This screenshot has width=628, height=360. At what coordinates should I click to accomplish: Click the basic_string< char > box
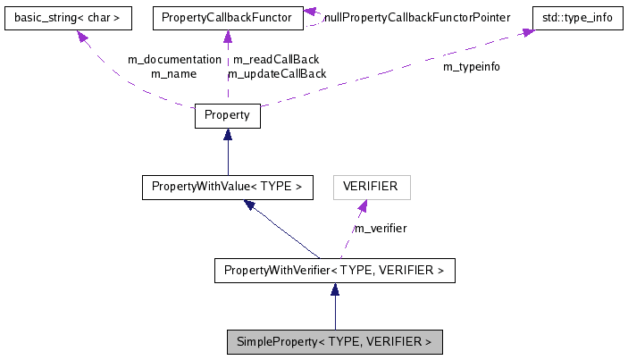(68, 17)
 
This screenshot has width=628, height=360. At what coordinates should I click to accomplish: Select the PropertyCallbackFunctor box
(227, 17)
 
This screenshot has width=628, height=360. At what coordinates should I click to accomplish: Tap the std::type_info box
(576, 17)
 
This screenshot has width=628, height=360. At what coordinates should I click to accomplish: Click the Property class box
(227, 115)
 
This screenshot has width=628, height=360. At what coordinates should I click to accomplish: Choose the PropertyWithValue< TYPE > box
(227, 187)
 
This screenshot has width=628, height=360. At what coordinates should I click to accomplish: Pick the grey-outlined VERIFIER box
(371, 187)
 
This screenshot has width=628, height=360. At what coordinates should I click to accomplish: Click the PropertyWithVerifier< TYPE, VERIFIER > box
(334, 270)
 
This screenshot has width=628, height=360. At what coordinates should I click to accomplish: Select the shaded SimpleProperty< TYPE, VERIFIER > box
(334, 341)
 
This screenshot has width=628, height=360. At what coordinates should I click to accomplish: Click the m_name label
(174, 73)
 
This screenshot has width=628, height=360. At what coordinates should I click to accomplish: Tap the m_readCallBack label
(276, 59)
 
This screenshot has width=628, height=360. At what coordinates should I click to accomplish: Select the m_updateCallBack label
(278, 73)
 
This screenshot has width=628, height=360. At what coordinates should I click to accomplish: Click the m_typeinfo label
(472, 67)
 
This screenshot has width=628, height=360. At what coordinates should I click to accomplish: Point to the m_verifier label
(381, 228)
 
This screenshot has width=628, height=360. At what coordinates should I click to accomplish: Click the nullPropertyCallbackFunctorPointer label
(417, 17)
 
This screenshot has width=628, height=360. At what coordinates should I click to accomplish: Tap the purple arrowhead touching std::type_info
(528, 32)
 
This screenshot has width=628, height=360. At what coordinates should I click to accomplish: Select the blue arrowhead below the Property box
(228, 135)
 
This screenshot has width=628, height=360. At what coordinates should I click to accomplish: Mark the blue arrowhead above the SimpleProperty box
(334, 289)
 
